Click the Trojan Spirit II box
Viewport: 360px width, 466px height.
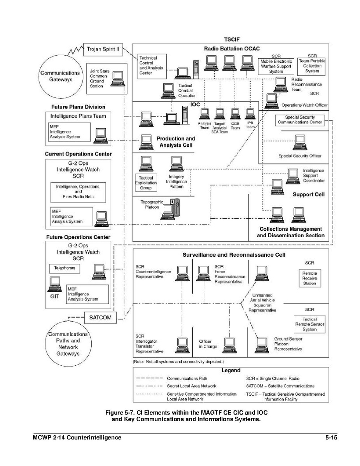click(103, 49)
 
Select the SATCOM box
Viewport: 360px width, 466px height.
click(100, 317)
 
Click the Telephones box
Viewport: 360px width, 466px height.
click(65, 268)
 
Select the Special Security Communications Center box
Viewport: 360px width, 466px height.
click(300, 120)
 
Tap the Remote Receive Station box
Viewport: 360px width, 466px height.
click(309, 278)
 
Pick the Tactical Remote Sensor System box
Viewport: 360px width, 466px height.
click(309, 324)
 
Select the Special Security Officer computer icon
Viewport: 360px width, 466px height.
click(299, 142)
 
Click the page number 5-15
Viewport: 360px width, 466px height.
click(331, 438)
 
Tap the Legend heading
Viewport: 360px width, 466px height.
click(231, 371)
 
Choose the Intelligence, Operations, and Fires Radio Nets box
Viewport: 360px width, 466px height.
click(78, 192)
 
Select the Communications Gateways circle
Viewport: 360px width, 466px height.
click(61, 76)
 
